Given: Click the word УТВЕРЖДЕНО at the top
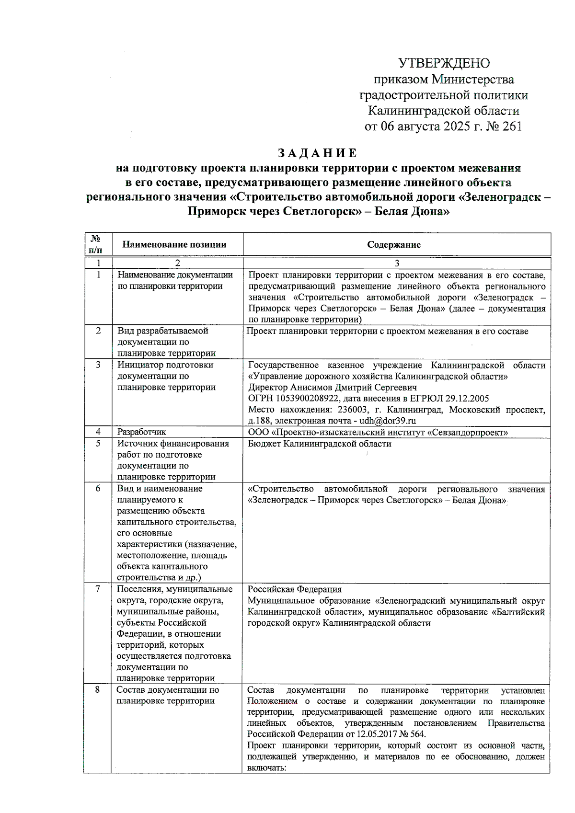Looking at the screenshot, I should tap(444, 63).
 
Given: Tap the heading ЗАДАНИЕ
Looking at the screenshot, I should tap(318, 153).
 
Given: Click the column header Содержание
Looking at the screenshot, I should tap(394, 245).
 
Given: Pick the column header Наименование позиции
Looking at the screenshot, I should tap(174, 245).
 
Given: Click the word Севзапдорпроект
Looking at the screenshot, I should tap(472, 433).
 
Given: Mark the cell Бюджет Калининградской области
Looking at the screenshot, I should tap(320, 444).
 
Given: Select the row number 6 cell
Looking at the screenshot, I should tap(98, 489).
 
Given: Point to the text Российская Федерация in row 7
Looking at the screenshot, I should tap(295, 590).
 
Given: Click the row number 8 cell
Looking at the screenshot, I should tap(97, 690).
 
